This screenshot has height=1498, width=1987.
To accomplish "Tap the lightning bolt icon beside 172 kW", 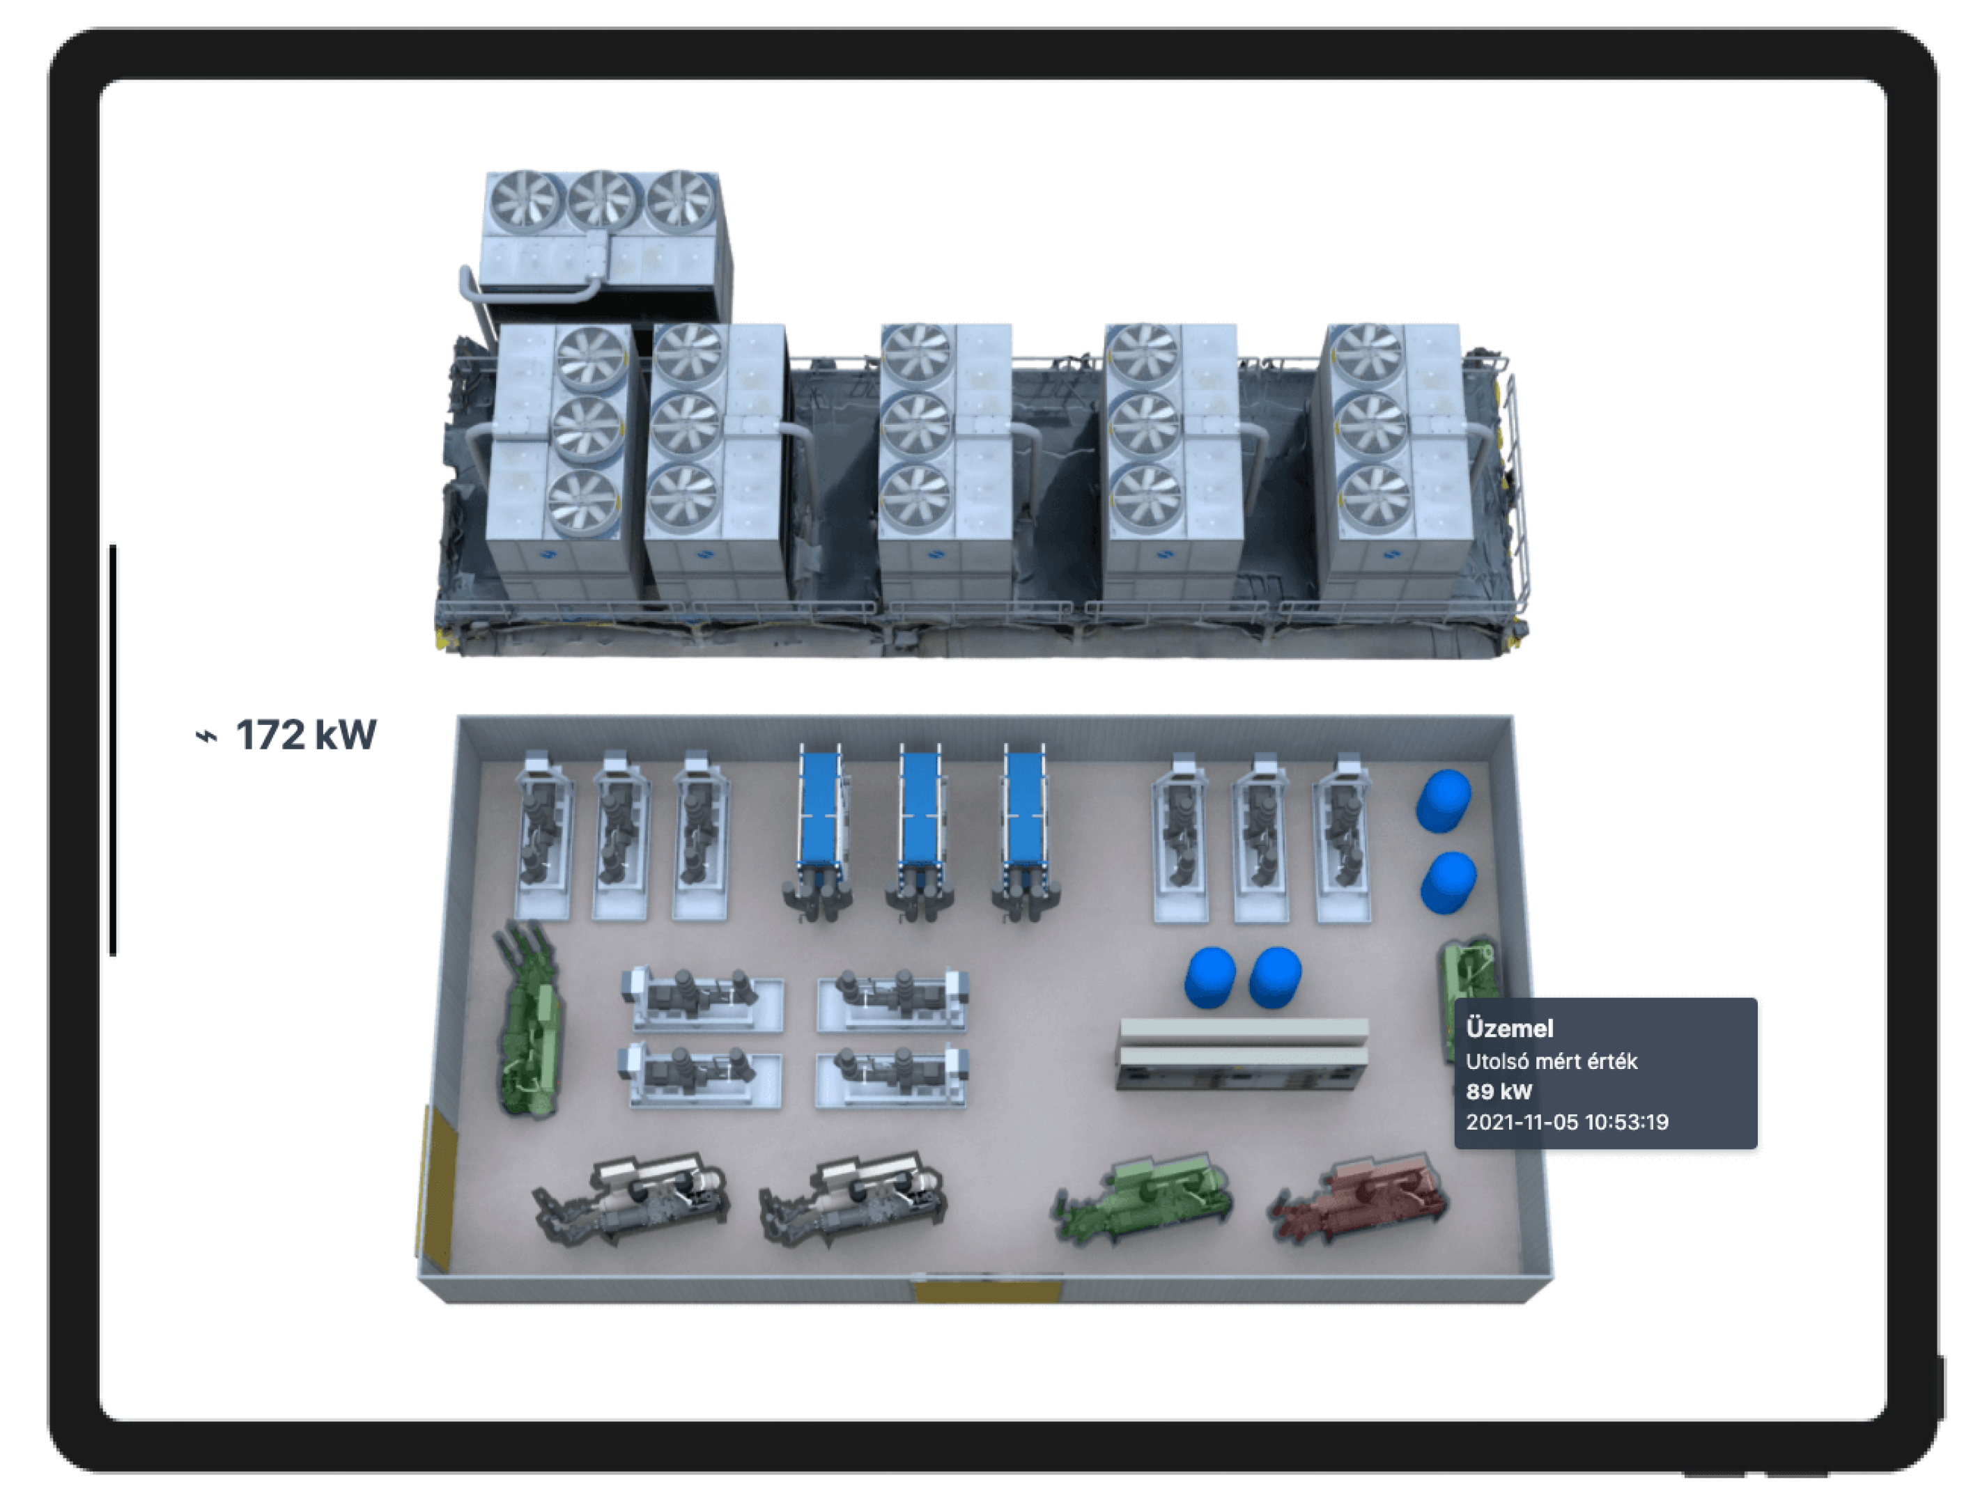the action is pyautogui.click(x=207, y=736).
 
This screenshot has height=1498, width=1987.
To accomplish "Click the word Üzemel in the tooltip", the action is pyautogui.click(x=1509, y=1029).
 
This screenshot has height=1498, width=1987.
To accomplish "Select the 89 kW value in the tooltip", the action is pyautogui.click(x=1499, y=1091).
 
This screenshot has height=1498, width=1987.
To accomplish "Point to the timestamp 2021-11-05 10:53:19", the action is pyautogui.click(x=1567, y=1122).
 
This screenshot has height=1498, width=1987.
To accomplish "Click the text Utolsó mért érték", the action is pyautogui.click(x=1552, y=1061).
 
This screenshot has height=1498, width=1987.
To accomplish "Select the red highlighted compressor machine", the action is pyautogui.click(x=1358, y=1199).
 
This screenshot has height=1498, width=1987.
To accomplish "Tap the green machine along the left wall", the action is pyautogui.click(x=528, y=1020).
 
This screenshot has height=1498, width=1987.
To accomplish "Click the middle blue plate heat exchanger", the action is pyautogui.click(x=920, y=831).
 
